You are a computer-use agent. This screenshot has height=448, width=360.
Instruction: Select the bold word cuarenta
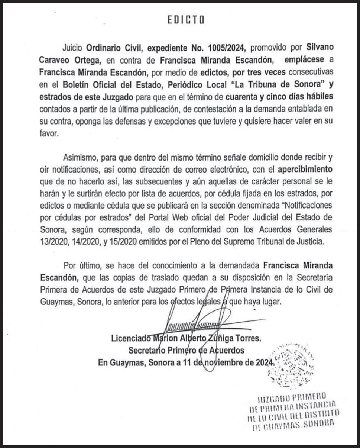[x=242, y=96]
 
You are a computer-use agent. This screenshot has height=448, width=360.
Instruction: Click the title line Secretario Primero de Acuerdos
[x=187, y=350]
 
